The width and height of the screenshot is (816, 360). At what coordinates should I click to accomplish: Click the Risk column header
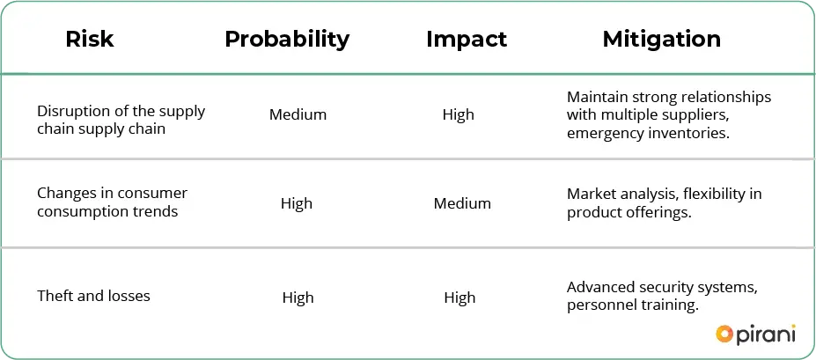(x=90, y=40)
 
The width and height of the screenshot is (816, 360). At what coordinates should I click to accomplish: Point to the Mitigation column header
(x=661, y=40)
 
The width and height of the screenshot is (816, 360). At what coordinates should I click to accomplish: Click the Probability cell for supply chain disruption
(x=298, y=115)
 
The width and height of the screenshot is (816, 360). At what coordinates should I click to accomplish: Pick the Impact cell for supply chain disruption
(x=459, y=115)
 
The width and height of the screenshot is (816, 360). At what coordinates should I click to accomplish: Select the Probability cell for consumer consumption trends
(x=297, y=203)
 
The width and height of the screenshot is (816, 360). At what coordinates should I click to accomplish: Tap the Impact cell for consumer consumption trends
(x=462, y=203)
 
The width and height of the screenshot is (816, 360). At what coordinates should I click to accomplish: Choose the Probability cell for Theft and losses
(x=298, y=298)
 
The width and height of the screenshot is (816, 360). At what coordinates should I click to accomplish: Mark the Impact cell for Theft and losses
(x=460, y=298)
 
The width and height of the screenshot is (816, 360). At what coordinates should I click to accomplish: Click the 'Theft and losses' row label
(x=93, y=296)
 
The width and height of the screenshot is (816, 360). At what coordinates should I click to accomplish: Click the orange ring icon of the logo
(x=724, y=334)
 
